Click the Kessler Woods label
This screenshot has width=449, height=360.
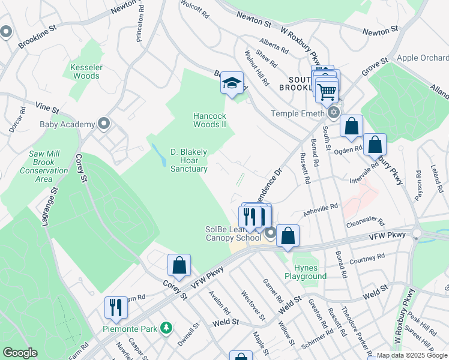[x=85, y=71]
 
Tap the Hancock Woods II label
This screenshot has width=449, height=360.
[x=209, y=120]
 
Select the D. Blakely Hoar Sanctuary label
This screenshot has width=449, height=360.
[x=189, y=160]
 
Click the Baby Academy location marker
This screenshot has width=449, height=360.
[x=103, y=124]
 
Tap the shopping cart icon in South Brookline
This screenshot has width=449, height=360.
[x=327, y=92]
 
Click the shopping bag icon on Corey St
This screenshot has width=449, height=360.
[x=179, y=265]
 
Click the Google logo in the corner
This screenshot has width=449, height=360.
[x=20, y=353]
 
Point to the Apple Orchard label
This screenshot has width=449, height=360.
[x=423, y=58]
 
